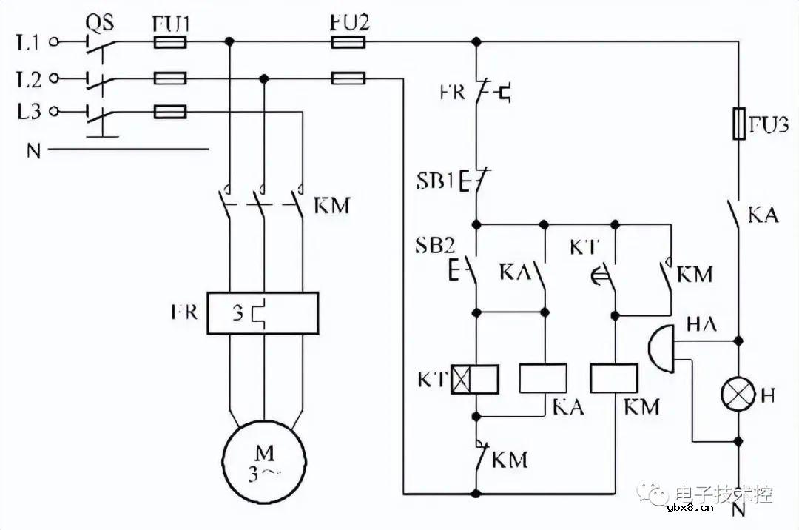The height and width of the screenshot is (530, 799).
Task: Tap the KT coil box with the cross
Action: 475,379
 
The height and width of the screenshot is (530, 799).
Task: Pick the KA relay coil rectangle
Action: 544,378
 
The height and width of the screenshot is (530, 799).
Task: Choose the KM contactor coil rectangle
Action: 614,378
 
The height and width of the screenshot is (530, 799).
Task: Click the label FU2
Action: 349,22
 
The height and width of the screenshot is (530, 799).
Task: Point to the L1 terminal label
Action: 27,43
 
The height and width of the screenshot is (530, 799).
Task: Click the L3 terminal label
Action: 27,112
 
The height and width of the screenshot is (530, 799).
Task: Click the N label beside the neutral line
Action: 33,151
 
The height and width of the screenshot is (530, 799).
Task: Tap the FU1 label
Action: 171,23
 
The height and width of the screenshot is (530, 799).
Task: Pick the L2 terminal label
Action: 27,78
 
